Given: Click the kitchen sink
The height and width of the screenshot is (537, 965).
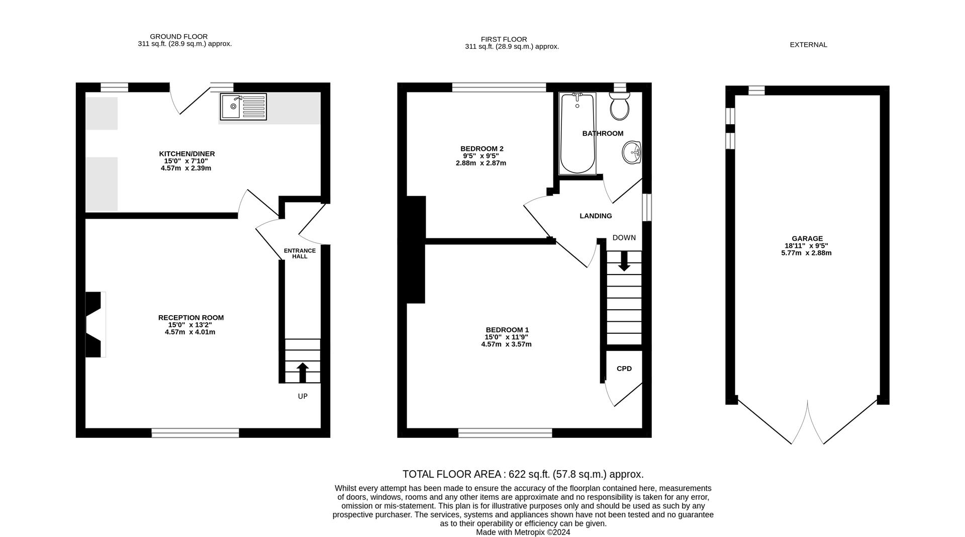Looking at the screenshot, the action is tap(243, 107).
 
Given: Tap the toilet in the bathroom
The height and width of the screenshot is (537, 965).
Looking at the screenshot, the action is tap(619, 106).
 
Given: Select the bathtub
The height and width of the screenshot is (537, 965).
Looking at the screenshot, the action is tap(577, 133).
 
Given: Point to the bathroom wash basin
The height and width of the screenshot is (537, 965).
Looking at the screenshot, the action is tap(632, 152).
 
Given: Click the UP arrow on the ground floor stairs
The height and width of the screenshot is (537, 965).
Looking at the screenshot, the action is tap(303, 373).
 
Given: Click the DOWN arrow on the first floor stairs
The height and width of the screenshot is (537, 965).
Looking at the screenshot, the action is tap(624, 261).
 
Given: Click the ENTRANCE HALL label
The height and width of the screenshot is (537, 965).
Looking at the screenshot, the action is tap(300, 253).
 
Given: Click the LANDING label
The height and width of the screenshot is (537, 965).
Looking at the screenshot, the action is tap(596, 216).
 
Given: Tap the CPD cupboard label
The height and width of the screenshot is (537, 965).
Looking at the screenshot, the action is tap(624, 369).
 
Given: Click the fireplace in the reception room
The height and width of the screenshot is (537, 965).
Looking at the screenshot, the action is tap(95, 325).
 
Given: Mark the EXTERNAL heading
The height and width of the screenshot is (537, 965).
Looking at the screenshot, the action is tap(808, 45).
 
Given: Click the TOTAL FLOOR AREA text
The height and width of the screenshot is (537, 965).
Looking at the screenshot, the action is tap(523, 474).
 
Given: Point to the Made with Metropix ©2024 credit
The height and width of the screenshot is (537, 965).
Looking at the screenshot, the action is tap(523, 532).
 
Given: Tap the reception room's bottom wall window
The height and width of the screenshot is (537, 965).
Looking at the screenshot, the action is tap(196, 433).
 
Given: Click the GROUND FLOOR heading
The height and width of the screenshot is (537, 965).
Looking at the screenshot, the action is tap(179, 37).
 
